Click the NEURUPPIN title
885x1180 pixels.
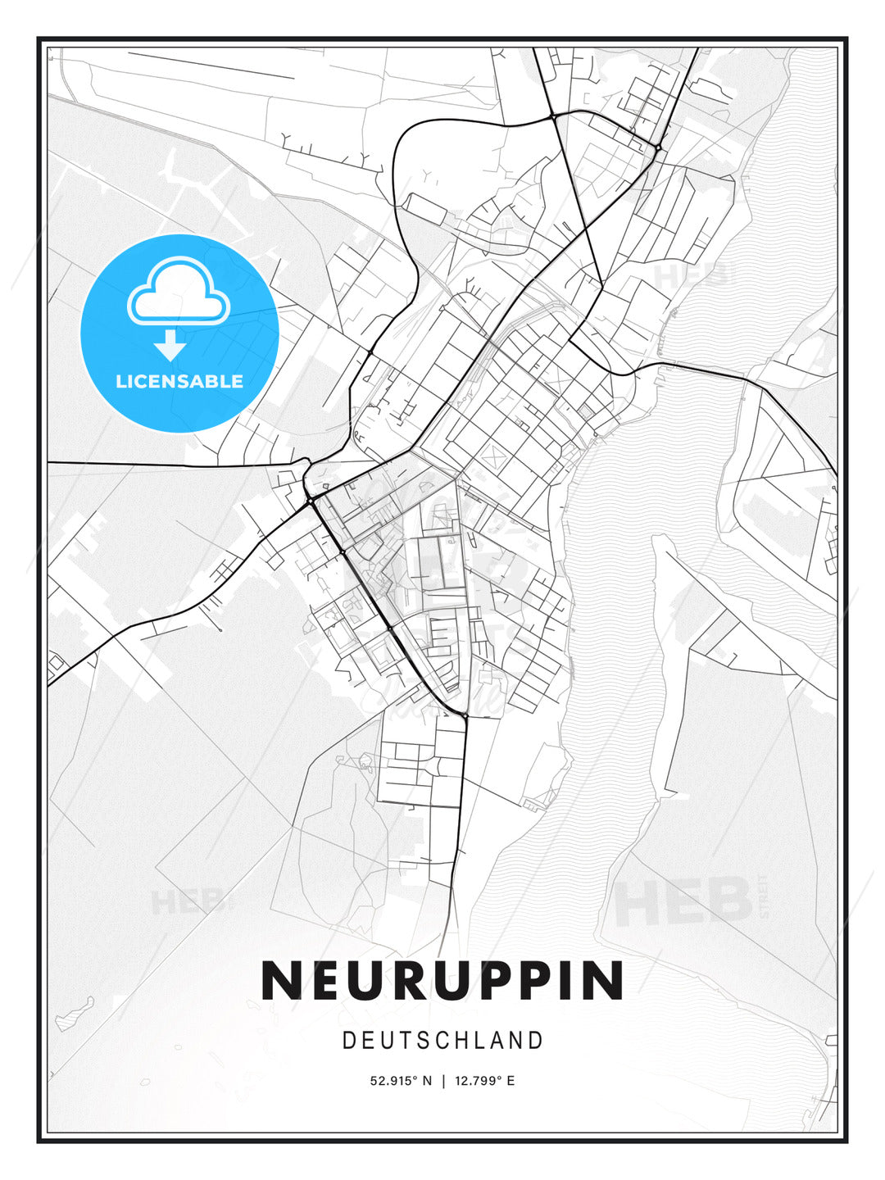coord(442,980)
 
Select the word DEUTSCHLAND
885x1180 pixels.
coord(442,1041)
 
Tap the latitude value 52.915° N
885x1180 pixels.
coord(401,1081)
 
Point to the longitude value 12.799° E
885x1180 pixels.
coord(484,1081)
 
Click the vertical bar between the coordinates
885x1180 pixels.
coord(443,1081)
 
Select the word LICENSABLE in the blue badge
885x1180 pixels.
coord(179,381)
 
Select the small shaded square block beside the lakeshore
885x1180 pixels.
coord(585,410)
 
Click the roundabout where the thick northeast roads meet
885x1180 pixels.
coord(658,147)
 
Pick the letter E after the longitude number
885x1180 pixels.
coord(511,1081)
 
